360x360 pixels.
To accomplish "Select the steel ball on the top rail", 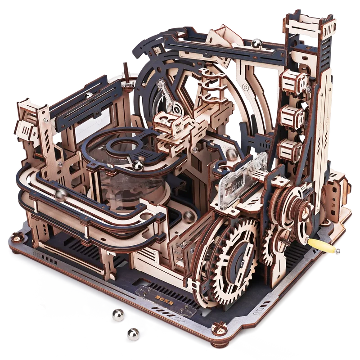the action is (256, 44).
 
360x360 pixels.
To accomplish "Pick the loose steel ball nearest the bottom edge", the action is (133, 334).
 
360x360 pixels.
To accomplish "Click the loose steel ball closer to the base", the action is (118, 315).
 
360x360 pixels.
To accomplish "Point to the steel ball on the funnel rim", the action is (138, 166).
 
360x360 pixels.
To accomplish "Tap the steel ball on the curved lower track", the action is (61, 195).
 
